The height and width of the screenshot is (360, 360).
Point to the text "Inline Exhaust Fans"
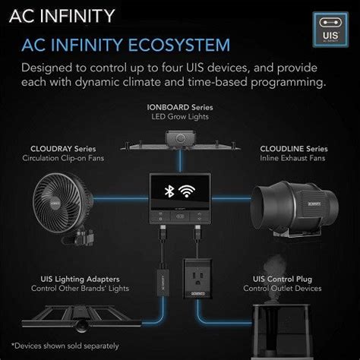click(294, 159)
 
